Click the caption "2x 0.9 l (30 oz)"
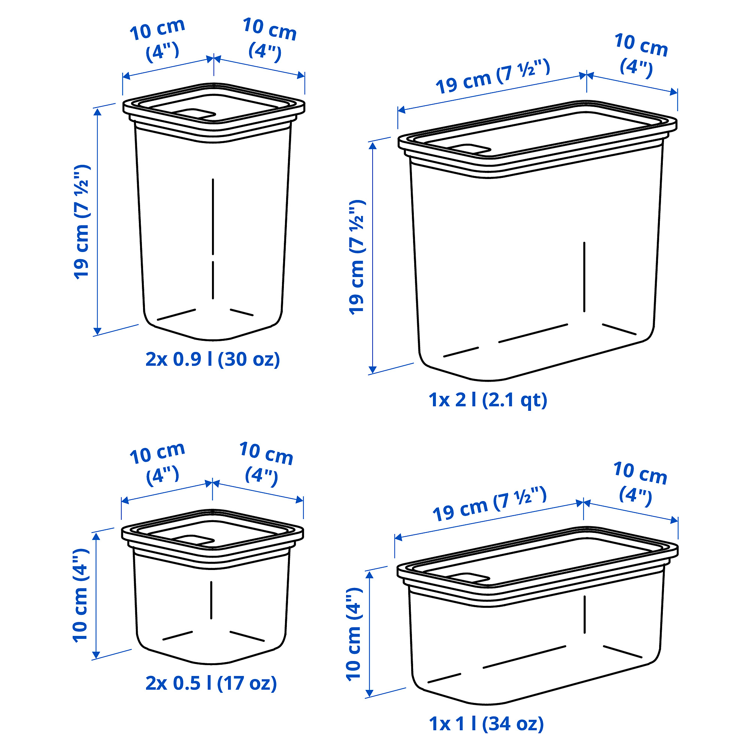(212, 360)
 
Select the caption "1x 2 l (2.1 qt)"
(488, 400)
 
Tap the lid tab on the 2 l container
(470, 150)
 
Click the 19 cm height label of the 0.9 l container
(81, 221)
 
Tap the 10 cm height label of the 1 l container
(354, 634)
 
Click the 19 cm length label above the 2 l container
(492, 76)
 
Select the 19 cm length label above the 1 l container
(489, 504)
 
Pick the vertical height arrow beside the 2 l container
(373, 258)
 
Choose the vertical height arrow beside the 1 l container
(370, 634)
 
